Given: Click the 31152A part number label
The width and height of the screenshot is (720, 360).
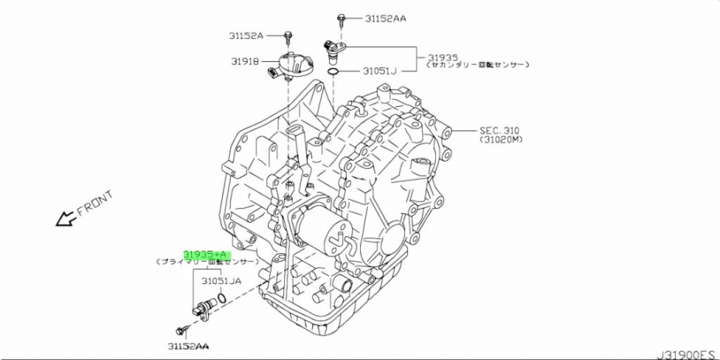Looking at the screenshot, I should (246, 36).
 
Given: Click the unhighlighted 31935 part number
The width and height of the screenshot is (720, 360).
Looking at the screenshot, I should (443, 57).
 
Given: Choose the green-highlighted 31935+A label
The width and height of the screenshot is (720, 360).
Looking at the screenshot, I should (206, 254).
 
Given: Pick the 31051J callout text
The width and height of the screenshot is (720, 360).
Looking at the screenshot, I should (379, 71).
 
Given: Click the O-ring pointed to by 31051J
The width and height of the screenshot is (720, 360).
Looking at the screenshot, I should (332, 72).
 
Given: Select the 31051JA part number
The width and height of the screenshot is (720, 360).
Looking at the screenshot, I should (222, 282).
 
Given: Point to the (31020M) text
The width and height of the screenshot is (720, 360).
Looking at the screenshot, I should (502, 140).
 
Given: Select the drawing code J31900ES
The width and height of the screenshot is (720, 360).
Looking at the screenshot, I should (685, 353).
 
